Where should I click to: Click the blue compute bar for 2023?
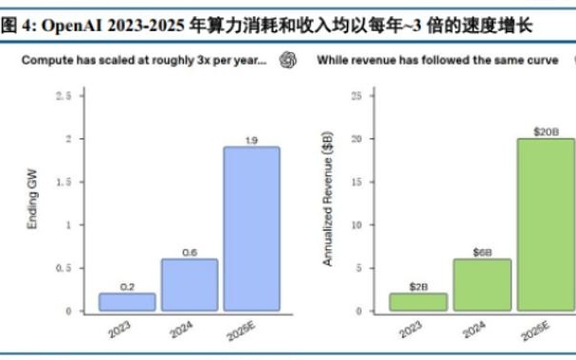tap(127, 301)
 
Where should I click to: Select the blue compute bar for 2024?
tap(189, 284)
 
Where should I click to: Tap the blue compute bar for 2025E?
tap(251, 228)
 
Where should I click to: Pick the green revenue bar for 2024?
tap(483, 284)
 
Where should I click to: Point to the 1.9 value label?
tap(251, 140)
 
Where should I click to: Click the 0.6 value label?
tap(189, 252)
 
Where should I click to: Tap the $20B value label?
tap(545, 132)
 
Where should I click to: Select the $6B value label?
tap(483, 252)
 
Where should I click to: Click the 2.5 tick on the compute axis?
tap(63, 97)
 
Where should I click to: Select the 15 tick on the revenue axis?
tap(356, 182)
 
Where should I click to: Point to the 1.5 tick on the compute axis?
tap(63, 182)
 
